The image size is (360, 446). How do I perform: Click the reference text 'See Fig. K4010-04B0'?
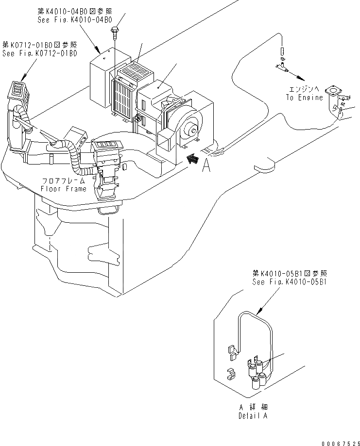(x=75, y=20)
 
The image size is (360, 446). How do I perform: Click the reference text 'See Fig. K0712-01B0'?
(x=40, y=53)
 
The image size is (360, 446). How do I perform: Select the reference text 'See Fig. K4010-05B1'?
(x=290, y=282)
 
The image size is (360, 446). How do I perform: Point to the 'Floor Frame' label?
(x=64, y=189)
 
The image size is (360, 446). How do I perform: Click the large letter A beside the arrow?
(x=206, y=166)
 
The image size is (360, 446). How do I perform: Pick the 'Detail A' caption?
(x=253, y=416)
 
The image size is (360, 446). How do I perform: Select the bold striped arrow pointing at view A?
(x=193, y=159)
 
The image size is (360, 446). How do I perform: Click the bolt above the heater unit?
(x=114, y=32)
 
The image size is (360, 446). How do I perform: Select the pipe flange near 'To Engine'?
(x=334, y=91)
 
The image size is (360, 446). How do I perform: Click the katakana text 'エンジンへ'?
(x=304, y=90)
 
